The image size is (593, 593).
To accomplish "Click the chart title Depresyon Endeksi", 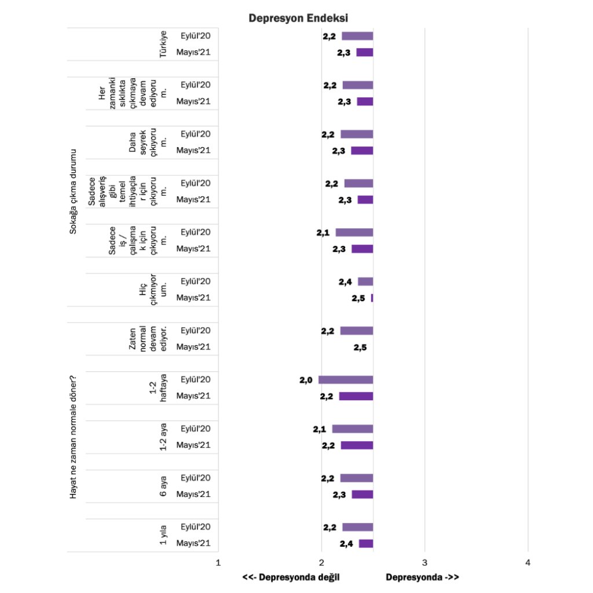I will tap(298, 18).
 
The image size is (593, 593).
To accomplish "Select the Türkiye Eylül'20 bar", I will tap(357, 36).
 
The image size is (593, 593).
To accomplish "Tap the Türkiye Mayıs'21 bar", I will tap(364, 52).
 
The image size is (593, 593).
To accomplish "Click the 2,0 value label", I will tap(306, 380).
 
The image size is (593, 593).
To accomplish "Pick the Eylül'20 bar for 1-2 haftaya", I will tap(346, 380).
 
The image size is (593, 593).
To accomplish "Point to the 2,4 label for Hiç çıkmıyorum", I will tap(346, 282).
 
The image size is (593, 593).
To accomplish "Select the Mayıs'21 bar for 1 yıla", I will tap(365, 544).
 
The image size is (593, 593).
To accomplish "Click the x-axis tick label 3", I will tap(424, 563).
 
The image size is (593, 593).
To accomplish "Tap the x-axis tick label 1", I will tap(218, 563).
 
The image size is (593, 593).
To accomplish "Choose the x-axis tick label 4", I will tap(528, 563).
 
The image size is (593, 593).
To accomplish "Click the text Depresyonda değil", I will tap(291, 577).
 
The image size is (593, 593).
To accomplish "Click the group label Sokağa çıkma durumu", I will tap(73, 191).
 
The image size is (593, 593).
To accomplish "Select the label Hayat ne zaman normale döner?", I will tap(73, 437).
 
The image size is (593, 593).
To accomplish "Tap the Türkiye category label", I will tap(163, 44).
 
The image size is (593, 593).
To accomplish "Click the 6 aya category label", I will tap(163, 486).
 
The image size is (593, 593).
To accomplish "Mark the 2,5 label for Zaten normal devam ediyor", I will tap(360, 347).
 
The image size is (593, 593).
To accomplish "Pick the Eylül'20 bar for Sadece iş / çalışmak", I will tap(354, 233).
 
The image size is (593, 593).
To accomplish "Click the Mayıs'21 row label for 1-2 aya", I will tap(193, 445).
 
